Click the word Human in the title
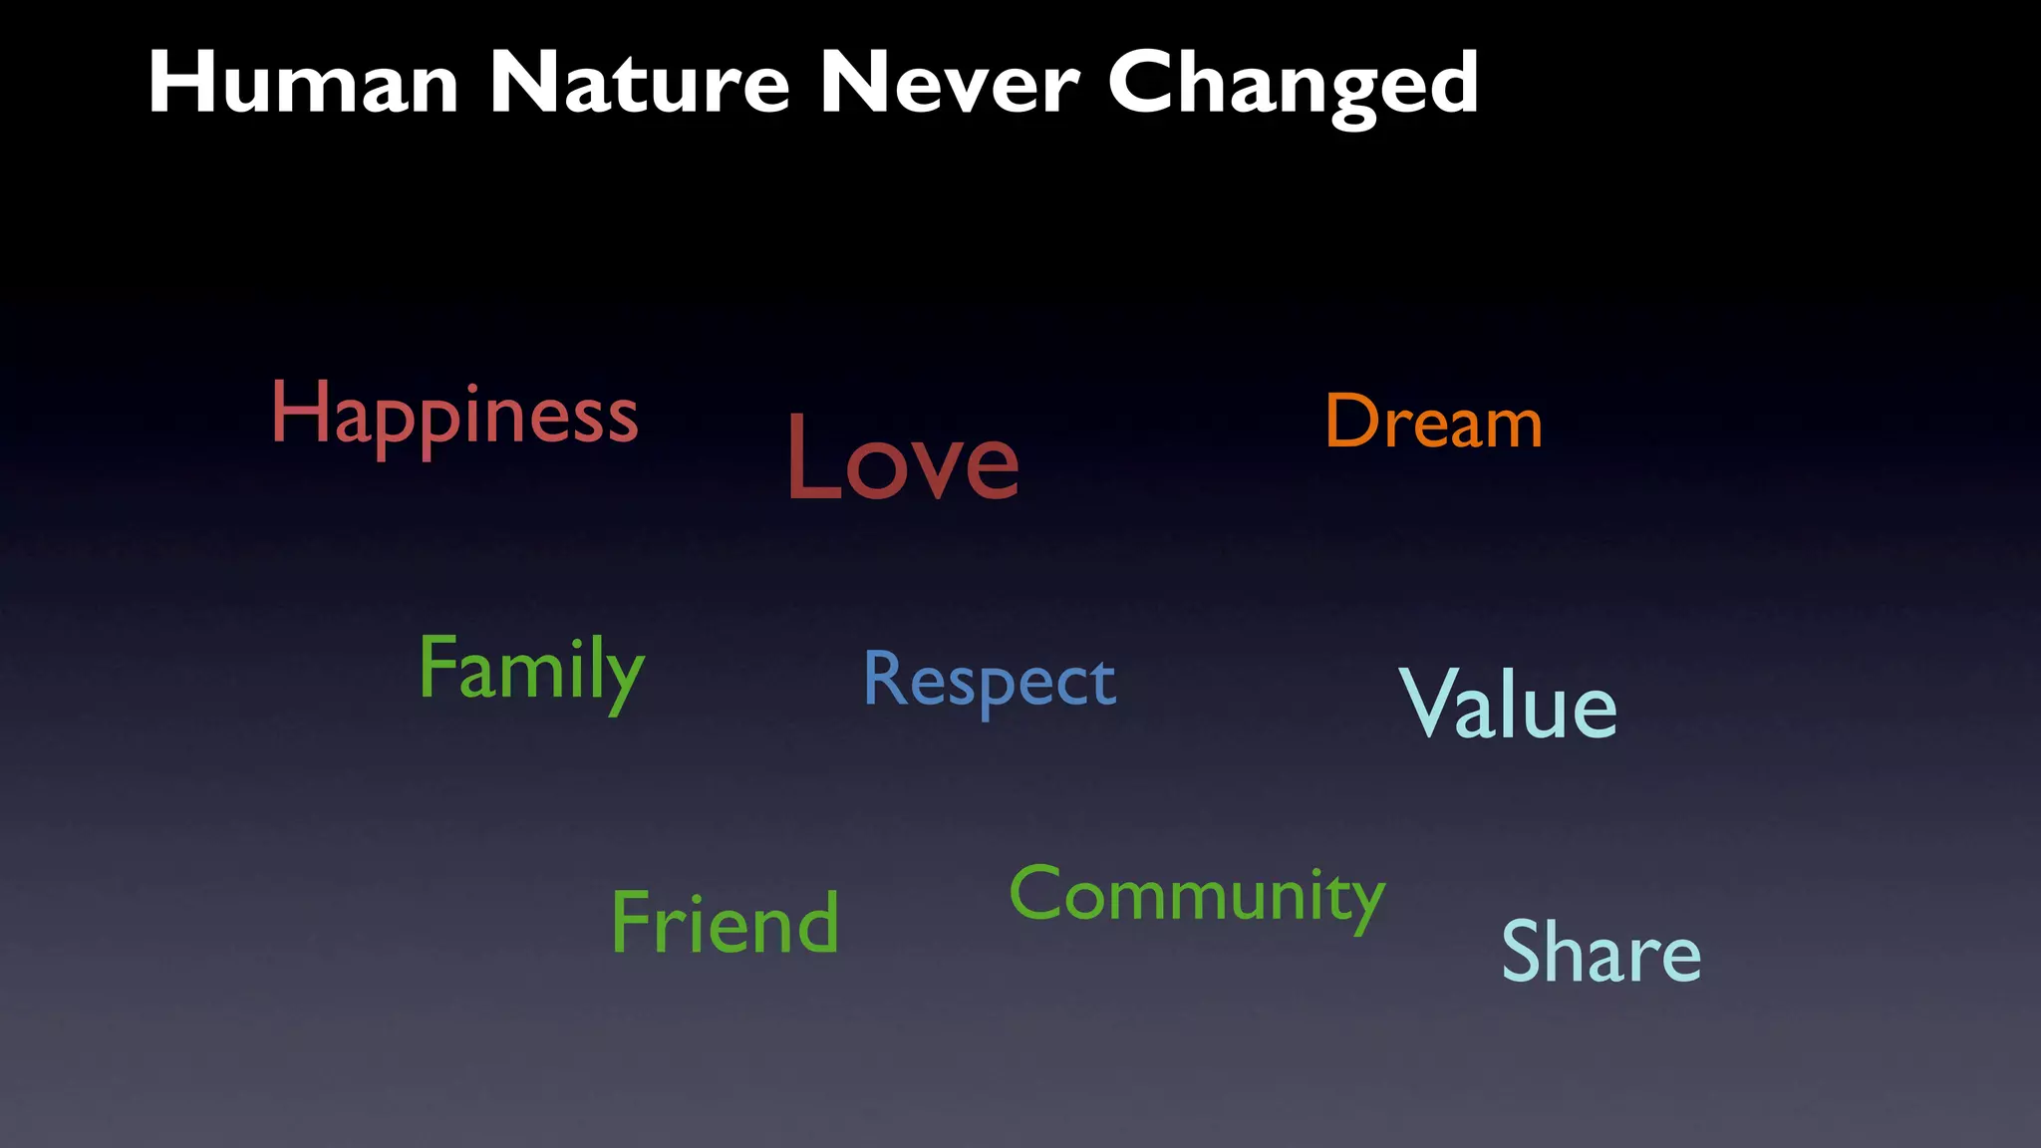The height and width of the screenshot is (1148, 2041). coord(303,84)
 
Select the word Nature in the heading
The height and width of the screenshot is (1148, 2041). coord(639,84)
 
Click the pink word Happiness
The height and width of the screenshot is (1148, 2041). coord(454,416)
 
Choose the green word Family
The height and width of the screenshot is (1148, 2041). coord(531,670)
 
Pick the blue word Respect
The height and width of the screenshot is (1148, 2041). coord(989,681)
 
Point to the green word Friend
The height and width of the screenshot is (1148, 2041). coord(725,923)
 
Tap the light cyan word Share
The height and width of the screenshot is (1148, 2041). coord(1601,952)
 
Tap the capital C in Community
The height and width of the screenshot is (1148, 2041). coord(1036,892)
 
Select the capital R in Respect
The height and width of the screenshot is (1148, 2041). coord(884,678)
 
